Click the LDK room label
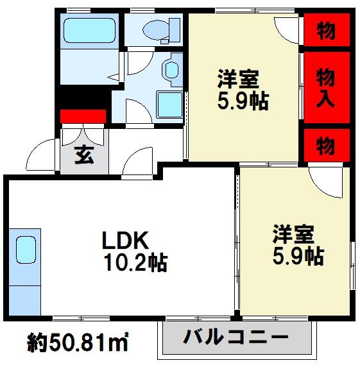pyautogui.click(x=125, y=240)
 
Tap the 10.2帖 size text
pyautogui.click(x=136, y=262)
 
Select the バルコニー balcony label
pyautogui.click(x=236, y=336)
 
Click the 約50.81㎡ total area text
pyautogui.click(x=78, y=343)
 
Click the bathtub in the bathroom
pyautogui.click(x=90, y=31)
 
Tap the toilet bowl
pyautogui.click(x=155, y=30)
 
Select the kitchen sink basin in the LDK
pyautogui.click(x=26, y=250)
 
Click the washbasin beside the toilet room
pyautogui.click(x=172, y=69)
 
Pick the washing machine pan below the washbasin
pyautogui.click(x=170, y=105)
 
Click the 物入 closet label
pyautogui.click(x=325, y=87)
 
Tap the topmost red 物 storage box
pyautogui.click(x=327, y=30)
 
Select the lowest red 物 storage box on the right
pyautogui.click(x=327, y=145)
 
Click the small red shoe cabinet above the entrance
pyautogui.click(x=83, y=116)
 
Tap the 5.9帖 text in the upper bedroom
pyautogui.click(x=243, y=101)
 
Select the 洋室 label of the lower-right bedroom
pyautogui.click(x=293, y=233)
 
